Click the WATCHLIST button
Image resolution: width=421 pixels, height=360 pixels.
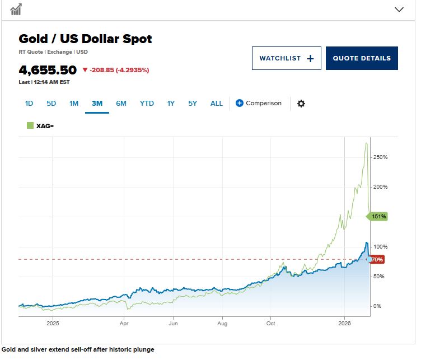[x=286, y=58]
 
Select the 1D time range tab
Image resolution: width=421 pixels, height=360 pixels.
[x=29, y=104]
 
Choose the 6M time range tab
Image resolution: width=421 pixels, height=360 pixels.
[x=121, y=104]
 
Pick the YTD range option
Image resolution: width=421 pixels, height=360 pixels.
[x=147, y=104]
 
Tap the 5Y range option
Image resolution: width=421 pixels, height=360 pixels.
[x=193, y=104]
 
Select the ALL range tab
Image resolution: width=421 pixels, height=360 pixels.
[x=217, y=104]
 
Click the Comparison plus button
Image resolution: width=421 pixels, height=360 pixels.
[x=240, y=103]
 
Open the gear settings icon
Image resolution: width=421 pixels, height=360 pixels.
[x=301, y=104]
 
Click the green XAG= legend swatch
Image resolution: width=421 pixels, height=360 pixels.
[x=30, y=125]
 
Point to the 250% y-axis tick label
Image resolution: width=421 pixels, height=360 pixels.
[x=380, y=157]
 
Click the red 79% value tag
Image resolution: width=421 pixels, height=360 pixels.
[x=377, y=260]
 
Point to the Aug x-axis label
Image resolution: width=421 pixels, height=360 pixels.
[x=222, y=323]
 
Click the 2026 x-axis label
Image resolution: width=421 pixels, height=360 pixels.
[x=344, y=323]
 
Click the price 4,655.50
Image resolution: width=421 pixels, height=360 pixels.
[x=48, y=71]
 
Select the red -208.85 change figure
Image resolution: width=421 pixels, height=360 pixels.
[x=101, y=71]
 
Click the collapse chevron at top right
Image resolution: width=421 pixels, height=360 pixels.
[x=399, y=10]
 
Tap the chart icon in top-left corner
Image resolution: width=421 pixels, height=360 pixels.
[x=16, y=10]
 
